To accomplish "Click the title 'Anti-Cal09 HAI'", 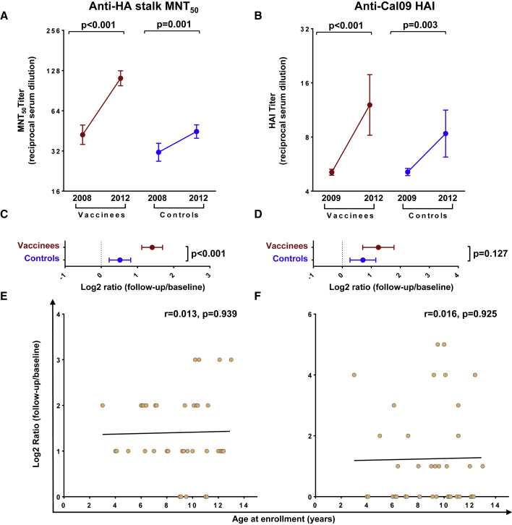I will point(384,8).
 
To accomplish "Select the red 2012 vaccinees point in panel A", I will point(121,78).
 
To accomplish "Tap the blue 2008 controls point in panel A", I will point(158,153).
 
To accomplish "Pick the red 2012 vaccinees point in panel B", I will point(370,105).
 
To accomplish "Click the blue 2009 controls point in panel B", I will point(408,171).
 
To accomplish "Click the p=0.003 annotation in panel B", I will point(417,25).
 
